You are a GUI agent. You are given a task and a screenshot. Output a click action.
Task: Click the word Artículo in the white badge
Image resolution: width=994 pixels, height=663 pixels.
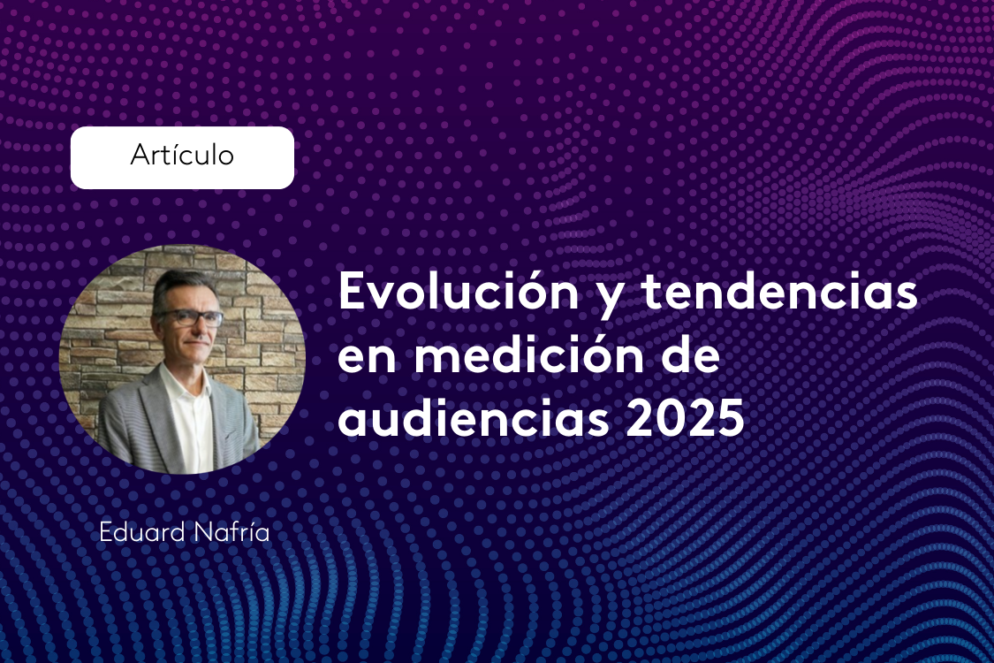pos(182,156)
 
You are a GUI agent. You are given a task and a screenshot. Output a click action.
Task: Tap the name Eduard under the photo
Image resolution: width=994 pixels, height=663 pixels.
pos(138,533)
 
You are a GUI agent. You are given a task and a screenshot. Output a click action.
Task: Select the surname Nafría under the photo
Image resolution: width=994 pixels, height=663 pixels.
pos(225,533)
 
